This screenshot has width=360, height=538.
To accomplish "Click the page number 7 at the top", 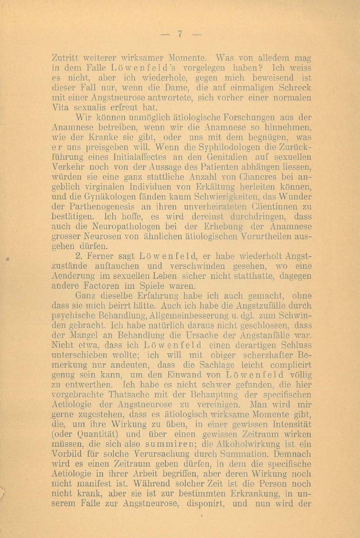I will (x=180, y=34).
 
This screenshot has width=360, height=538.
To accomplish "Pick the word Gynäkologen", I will (x=98, y=197).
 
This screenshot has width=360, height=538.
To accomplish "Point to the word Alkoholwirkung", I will (x=245, y=445).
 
